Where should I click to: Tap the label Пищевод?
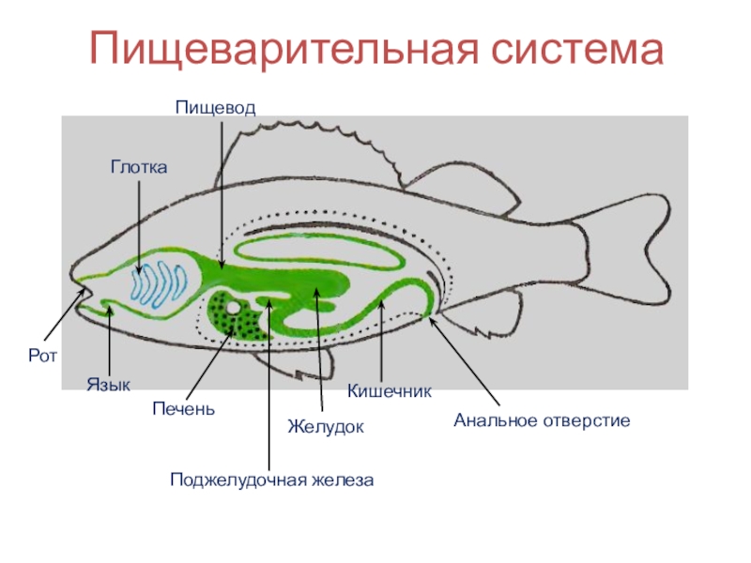(215, 108)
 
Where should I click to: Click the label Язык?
(109, 385)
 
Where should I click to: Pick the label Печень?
(184, 408)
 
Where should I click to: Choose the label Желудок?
(325, 427)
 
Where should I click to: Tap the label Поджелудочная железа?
(272, 479)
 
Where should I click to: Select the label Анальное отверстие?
(542, 420)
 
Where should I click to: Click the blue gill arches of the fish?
(160, 283)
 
